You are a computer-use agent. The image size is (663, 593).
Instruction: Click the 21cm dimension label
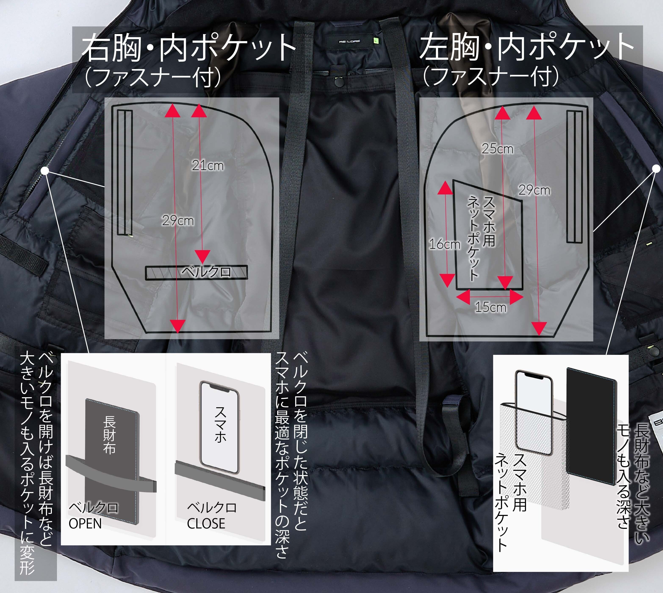tap(208, 166)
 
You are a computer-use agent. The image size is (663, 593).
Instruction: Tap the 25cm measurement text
tap(497, 149)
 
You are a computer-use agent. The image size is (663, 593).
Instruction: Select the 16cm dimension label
tap(445, 244)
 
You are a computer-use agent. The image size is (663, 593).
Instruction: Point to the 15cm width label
tap(491, 307)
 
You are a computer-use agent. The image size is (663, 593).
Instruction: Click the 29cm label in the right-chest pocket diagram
tap(178, 221)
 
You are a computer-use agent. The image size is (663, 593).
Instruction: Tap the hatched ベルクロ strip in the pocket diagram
tap(196, 272)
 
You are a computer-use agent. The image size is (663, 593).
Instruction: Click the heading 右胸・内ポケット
tap(188, 48)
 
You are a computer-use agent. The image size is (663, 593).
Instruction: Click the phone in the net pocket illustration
tap(534, 412)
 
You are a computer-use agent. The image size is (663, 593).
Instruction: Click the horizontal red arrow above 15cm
tap(490, 296)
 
